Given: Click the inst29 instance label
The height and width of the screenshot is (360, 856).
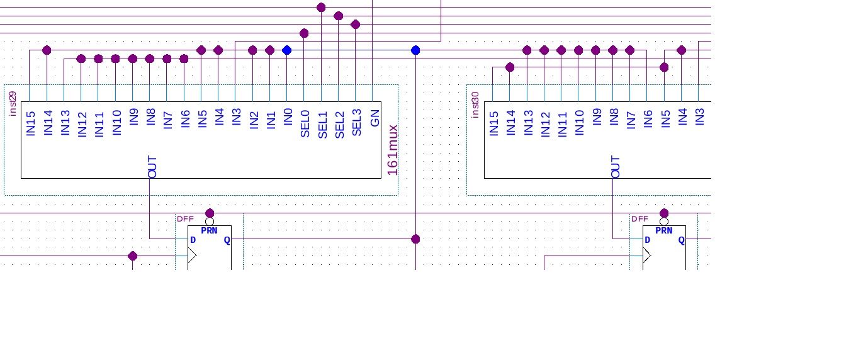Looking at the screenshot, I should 13,103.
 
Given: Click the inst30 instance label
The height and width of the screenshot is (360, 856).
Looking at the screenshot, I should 476,104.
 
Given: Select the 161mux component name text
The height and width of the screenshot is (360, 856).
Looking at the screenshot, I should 392,150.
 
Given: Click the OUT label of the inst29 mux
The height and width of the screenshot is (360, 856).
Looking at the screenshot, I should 152,167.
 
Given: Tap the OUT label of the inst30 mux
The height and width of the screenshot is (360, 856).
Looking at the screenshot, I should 616,167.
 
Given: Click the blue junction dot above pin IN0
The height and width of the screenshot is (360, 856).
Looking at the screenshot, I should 287,50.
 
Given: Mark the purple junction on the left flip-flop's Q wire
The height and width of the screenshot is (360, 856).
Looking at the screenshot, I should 415,239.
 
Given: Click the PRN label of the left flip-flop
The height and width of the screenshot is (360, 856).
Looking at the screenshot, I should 210,231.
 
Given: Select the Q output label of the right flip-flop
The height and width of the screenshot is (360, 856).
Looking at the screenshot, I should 681,240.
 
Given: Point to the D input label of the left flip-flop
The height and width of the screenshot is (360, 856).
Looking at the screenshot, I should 193,240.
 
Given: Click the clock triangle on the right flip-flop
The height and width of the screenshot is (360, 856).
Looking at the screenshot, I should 647,256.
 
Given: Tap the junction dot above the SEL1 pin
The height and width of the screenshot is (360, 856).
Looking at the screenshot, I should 321,8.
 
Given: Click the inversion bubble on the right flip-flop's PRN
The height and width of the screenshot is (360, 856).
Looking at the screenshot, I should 664,222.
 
